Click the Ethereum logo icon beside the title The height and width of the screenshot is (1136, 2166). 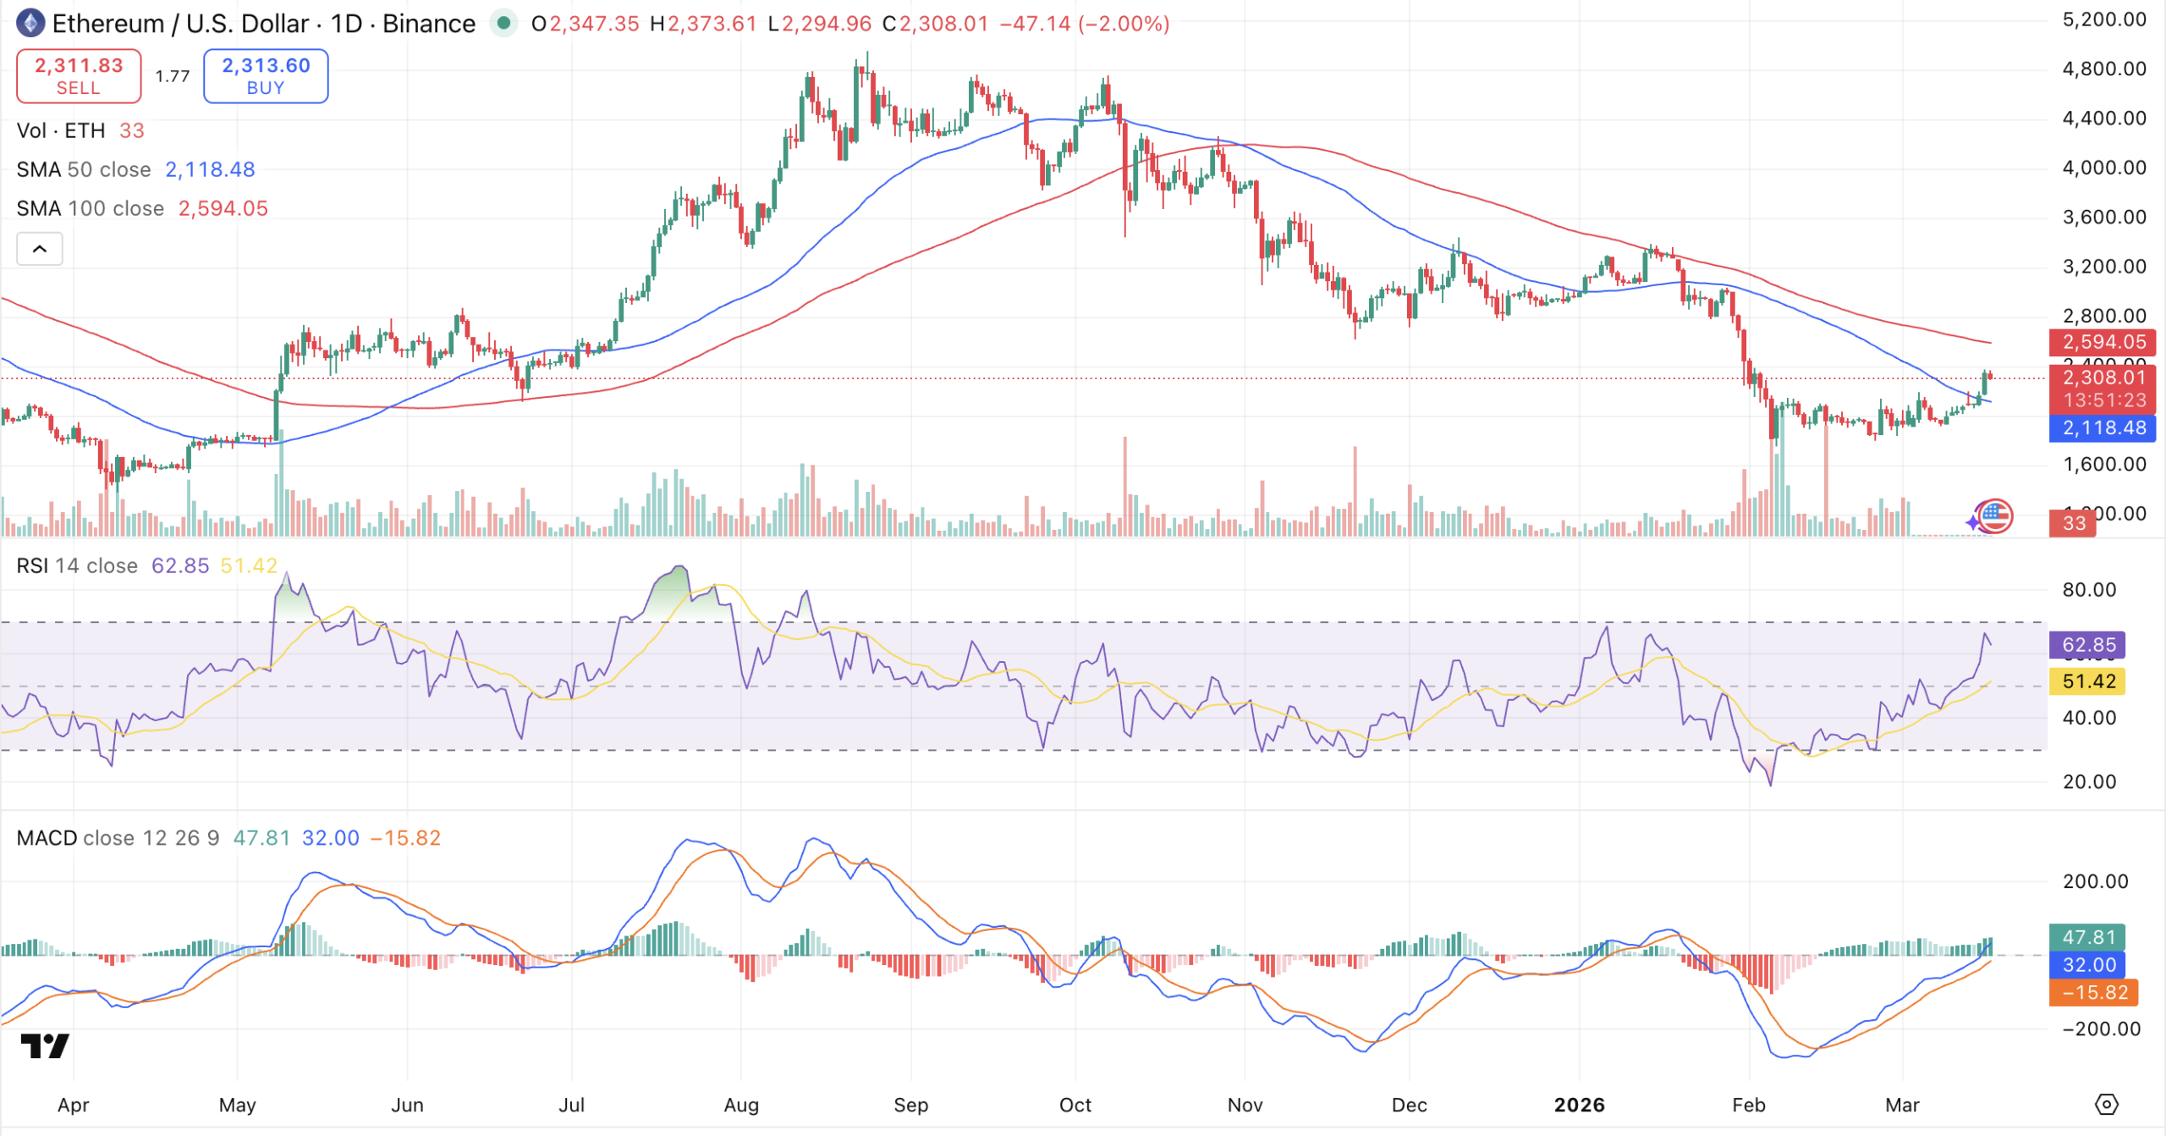click(x=30, y=23)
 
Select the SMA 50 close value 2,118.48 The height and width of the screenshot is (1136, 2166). click(x=210, y=169)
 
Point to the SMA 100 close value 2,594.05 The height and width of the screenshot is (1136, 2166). click(x=223, y=208)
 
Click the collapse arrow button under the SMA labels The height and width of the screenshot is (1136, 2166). click(x=40, y=249)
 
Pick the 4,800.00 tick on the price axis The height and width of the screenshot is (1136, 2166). click(x=2103, y=69)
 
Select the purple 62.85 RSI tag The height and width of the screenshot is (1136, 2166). click(x=2087, y=645)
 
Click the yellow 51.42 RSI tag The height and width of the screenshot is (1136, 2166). click(x=2087, y=681)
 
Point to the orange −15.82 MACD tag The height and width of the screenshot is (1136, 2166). click(x=2093, y=992)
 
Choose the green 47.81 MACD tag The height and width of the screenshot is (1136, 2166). click(x=2087, y=937)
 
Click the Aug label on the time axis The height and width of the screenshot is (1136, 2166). click(x=741, y=1105)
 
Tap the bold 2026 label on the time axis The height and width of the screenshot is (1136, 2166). click(x=1579, y=1105)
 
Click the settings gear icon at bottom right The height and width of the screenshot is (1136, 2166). click(x=2106, y=1105)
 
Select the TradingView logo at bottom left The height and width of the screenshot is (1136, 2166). click(x=45, y=1046)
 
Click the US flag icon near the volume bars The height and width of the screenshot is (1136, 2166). click(x=1995, y=516)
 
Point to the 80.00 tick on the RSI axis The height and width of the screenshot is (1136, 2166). click(x=2088, y=590)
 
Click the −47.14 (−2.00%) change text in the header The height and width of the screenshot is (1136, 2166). click(x=1084, y=24)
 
